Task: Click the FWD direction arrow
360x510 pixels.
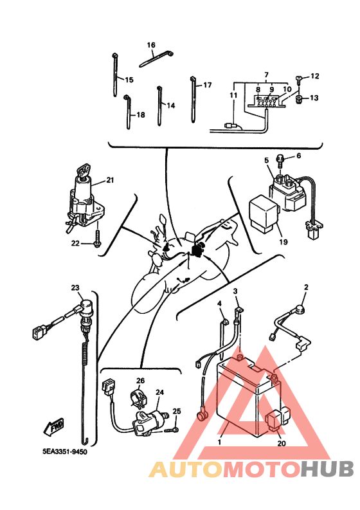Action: click(54, 426)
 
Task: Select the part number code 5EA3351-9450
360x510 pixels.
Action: click(65, 451)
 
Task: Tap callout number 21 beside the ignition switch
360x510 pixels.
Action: click(110, 180)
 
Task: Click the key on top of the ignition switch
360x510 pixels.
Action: click(84, 172)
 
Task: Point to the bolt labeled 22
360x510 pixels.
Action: click(97, 241)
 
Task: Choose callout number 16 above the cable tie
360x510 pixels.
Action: click(151, 45)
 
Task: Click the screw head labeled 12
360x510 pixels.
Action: click(298, 78)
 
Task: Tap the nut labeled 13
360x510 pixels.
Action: click(299, 99)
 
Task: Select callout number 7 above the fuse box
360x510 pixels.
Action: click(266, 75)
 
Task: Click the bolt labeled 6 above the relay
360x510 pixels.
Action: click(280, 160)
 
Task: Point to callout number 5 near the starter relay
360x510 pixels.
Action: click(267, 160)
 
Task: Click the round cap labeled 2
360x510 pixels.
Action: click(301, 307)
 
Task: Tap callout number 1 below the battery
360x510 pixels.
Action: click(219, 442)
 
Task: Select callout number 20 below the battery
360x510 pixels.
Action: click(282, 443)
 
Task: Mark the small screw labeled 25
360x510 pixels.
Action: click(172, 430)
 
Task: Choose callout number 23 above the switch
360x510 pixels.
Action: click(75, 288)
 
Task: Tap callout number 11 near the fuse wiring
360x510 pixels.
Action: click(233, 95)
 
